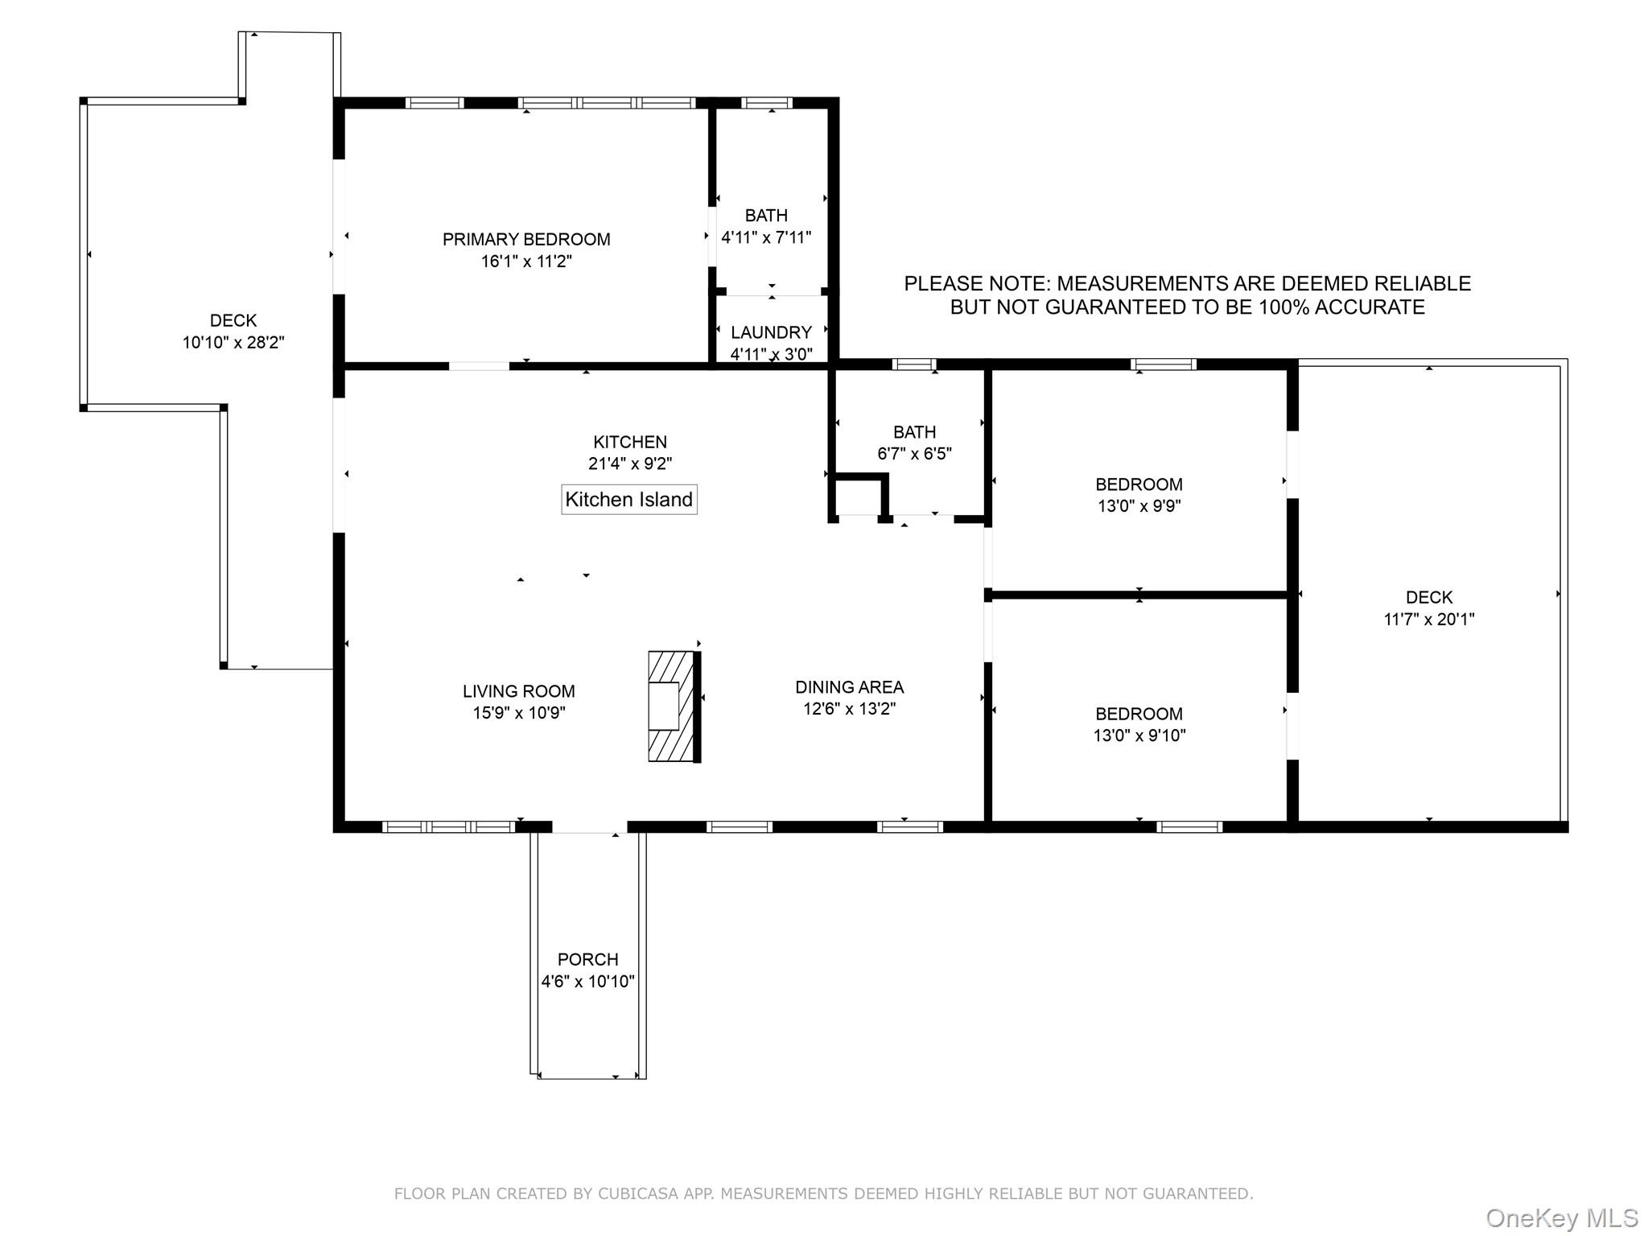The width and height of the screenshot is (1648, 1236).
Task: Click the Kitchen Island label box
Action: (x=628, y=500)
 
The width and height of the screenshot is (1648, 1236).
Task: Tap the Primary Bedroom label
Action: (x=526, y=239)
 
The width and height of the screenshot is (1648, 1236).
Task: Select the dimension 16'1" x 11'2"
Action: (x=526, y=262)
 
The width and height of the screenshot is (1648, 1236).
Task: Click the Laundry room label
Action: (x=771, y=332)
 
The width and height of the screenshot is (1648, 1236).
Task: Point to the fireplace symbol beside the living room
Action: (x=673, y=707)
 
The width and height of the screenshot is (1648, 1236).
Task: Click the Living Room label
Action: (x=518, y=691)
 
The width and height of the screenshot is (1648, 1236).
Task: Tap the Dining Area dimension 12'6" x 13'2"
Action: (x=849, y=709)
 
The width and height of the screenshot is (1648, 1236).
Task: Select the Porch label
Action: (x=587, y=959)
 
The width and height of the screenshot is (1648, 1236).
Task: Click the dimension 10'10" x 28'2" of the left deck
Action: (x=233, y=343)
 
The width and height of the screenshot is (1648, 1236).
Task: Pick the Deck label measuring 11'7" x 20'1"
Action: (x=1429, y=597)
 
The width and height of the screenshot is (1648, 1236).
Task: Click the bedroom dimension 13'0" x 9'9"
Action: (x=1139, y=506)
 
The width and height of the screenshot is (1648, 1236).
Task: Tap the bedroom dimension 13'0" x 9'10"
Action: (x=1139, y=735)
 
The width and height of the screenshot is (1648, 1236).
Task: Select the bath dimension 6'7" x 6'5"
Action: (x=914, y=454)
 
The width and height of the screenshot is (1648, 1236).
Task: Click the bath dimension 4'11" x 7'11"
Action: (x=766, y=237)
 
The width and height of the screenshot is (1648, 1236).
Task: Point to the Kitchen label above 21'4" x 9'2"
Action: (x=630, y=442)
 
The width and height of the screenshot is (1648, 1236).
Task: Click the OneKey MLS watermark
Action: (x=1561, y=1217)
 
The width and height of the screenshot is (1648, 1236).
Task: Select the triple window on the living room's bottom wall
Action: (x=448, y=826)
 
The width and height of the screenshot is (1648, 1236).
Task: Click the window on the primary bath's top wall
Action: (x=767, y=103)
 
